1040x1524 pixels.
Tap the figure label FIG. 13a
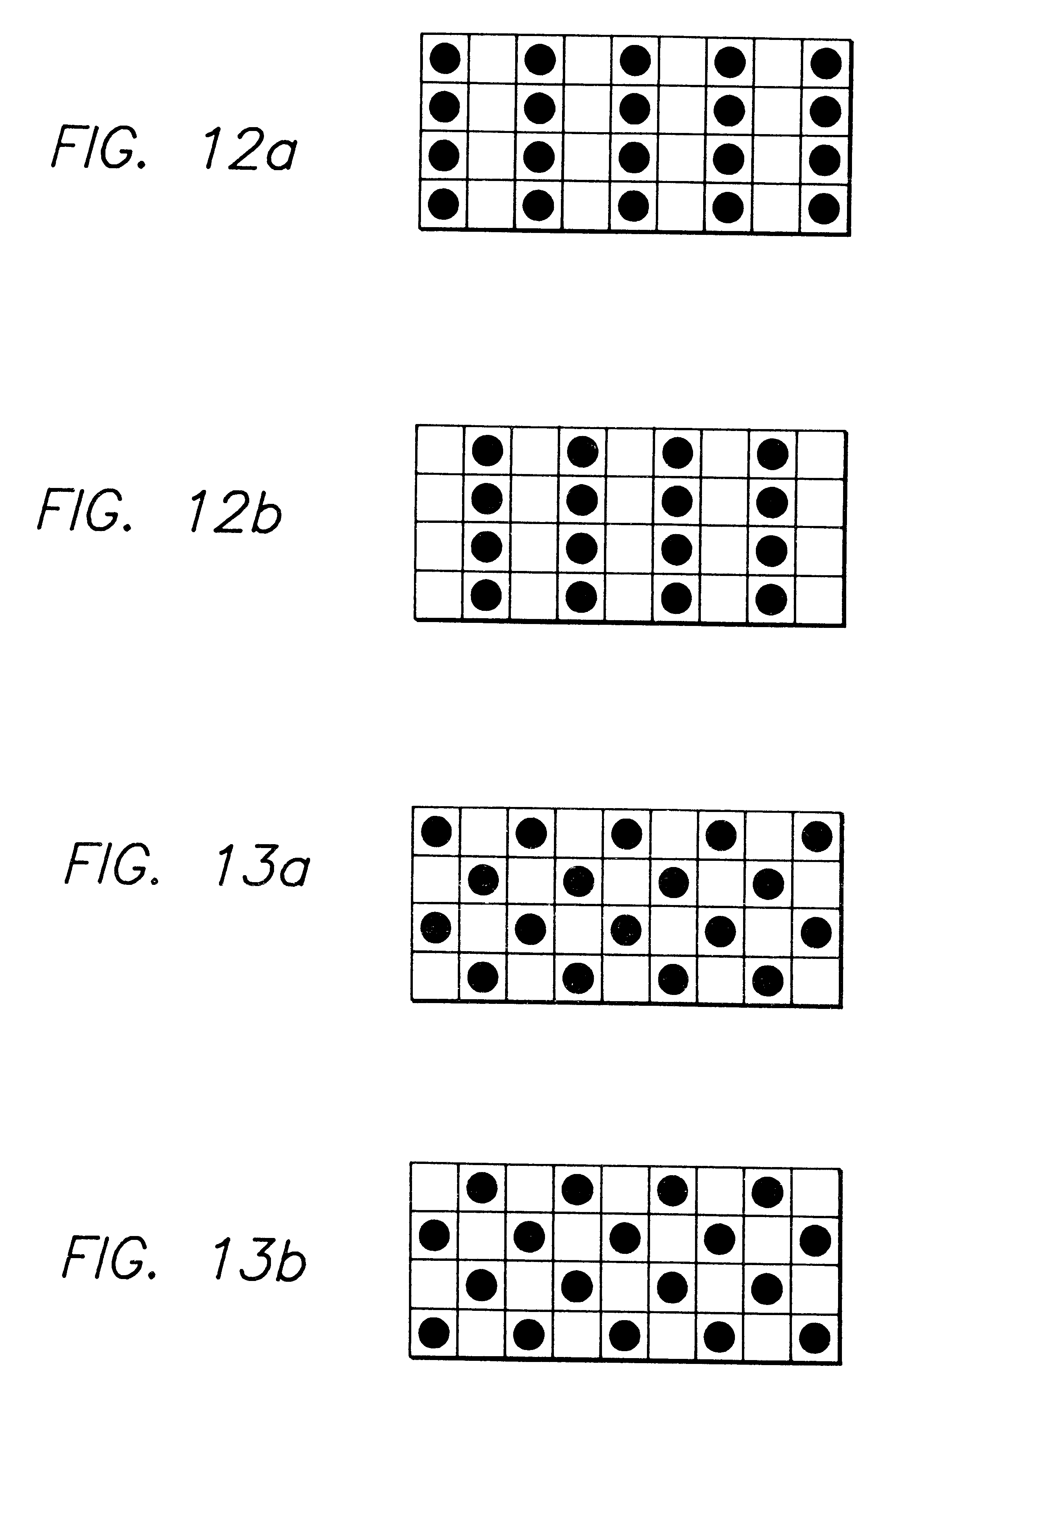187,865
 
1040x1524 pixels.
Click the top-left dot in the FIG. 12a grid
445,59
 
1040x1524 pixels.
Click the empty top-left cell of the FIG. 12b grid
440,450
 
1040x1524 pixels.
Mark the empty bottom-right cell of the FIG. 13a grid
816,982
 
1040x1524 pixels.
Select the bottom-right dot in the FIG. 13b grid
814,1338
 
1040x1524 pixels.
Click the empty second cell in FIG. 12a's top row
492,60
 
